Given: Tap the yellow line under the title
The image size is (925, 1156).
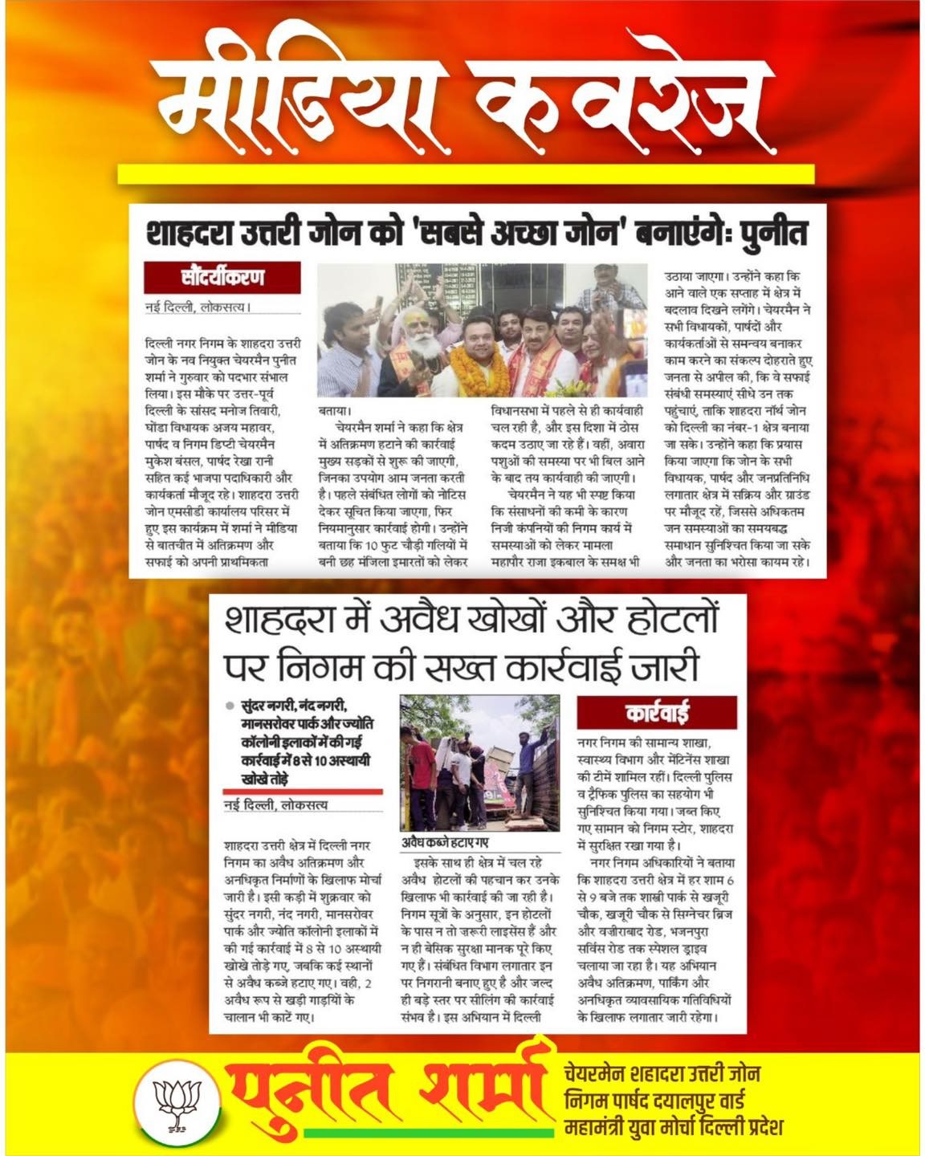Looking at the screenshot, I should tap(466, 174).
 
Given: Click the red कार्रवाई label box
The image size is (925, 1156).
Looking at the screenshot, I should tap(656, 712).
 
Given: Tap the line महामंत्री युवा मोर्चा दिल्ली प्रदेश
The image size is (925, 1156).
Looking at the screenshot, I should tap(673, 1127).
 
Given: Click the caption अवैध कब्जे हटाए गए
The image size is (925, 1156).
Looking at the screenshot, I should tap(444, 843).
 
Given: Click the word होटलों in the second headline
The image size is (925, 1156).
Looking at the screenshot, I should tap(658, 620).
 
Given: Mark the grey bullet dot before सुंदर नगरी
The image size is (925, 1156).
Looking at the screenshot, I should tap(230, 706).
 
